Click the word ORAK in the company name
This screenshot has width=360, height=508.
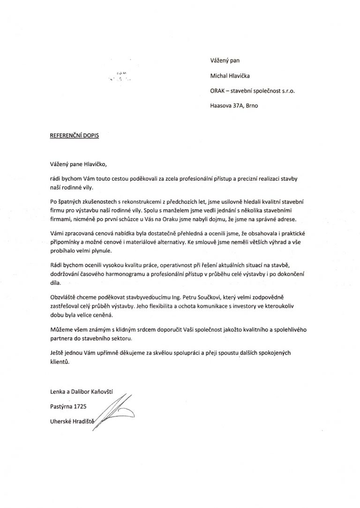tap(218, 91)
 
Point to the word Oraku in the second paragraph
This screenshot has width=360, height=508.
tap(200, 220)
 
